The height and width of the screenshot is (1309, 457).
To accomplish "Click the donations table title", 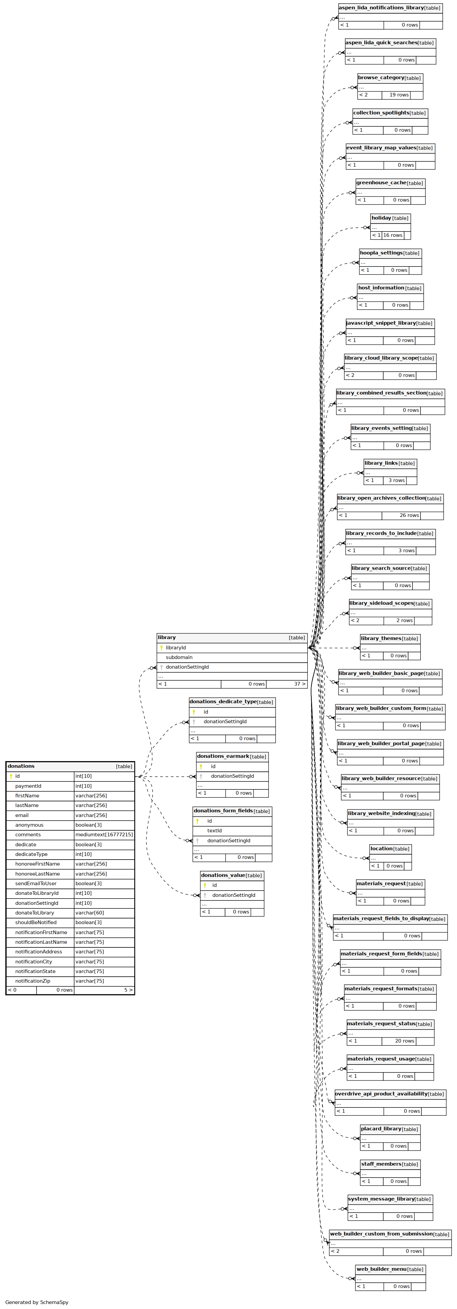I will (x=21, y=766).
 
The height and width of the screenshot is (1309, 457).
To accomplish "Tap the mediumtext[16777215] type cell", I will (x=104, y=834).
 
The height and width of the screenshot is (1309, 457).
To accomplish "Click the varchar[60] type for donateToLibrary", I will (x=90, y=913).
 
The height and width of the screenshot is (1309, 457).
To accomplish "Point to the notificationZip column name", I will (x=34, y=981).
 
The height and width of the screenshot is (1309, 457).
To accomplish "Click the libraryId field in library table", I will (x=176, y=647).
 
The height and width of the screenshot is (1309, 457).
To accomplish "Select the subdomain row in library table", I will (x=179, y=657).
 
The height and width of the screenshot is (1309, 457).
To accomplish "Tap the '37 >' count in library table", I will (x=299, y=684).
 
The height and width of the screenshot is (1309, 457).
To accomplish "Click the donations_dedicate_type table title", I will (x=223, y=701).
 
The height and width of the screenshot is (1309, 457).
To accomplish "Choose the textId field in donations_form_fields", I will (x=214, y=830).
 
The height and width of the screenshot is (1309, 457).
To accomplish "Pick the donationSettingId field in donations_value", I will (x=234, y=895).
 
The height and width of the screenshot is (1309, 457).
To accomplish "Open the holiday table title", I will (x=381, y=218).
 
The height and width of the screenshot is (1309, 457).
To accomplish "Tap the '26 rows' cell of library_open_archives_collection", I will (x=409, y=515).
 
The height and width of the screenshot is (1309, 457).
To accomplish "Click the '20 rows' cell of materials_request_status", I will (x=405, y=1041).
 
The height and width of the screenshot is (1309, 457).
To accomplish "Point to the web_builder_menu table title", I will (x=381, y=1269).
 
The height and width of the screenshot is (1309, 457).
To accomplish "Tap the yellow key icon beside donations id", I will (x=11, y=776).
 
